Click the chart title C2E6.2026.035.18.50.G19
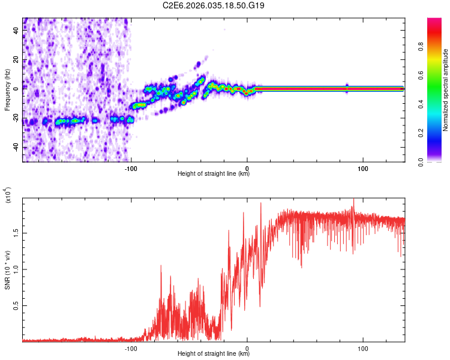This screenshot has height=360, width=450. pyautogui.click(x=214, y=5)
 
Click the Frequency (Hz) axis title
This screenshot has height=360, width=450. pyautogui.click(x=7, y=90)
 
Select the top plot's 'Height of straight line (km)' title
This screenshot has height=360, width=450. pyautogui.click(x=214, y=174)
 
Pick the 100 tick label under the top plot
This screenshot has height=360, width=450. pyautogui.click(x=362, y=169)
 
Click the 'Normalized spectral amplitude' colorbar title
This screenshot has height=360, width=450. pyautogui.click(x=446, y=90)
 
